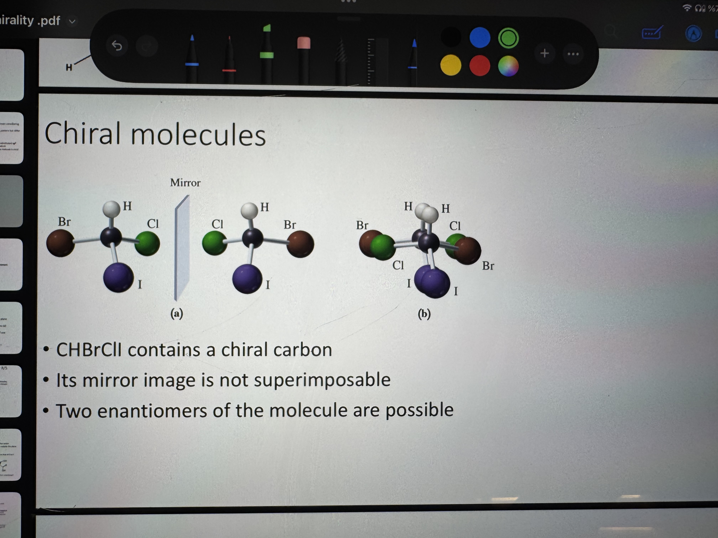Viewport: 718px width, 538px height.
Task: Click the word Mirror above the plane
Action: [185, 183]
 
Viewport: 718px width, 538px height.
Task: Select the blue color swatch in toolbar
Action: [480, 38]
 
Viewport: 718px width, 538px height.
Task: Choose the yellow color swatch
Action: [451, 65]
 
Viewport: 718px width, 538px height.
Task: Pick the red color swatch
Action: [479, 65]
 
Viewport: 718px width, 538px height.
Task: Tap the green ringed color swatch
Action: [508, 38]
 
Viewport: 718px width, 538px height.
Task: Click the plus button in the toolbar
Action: [545, 53]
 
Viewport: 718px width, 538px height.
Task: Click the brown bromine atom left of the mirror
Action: [60, 243]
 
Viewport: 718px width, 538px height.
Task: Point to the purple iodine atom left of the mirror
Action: [118, 278]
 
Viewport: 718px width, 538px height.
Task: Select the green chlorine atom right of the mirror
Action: [215, 243]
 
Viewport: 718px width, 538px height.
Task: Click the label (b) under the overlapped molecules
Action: [424, 314]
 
